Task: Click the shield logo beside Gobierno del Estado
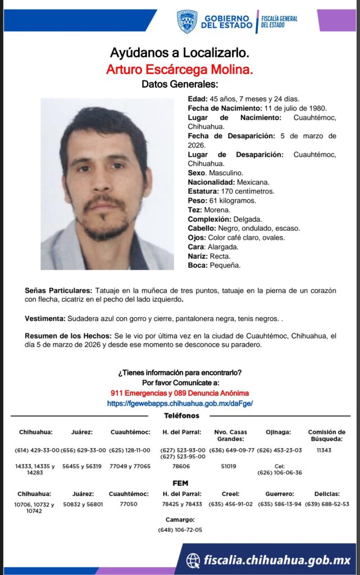click(186, 21)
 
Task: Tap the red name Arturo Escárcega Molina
click(180, 69)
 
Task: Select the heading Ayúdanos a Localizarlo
click(180, 54)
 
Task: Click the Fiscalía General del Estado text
click(279, 21)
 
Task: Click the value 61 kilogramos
click(232, 200)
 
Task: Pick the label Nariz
click(198, 256)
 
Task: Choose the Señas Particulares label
click(58, 291)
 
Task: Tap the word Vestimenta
click(45, 319)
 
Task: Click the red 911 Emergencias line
click(180, 393)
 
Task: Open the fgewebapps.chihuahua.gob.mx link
click(180, 403)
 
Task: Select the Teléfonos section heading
click(181, 416)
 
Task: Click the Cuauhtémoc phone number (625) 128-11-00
click(130, 450)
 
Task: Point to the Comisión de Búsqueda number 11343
click(325, 450)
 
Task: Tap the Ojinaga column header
click(279, 432)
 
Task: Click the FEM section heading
click(180, 483)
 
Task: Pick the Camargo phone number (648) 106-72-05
click(180, 530)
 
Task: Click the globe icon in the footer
click(193, 560)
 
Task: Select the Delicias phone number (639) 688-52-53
click(327, 504)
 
